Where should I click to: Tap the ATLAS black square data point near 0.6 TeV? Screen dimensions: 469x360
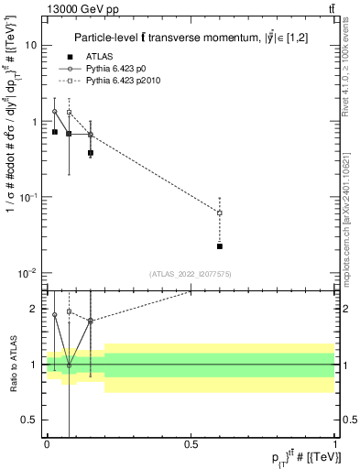[x=220, y=246]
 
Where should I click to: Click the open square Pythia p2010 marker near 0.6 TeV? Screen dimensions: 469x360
[x=220, y=213]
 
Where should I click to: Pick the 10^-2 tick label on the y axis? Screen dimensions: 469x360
[x=28, y=273]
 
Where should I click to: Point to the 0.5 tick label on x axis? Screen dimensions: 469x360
[x=191, y=443]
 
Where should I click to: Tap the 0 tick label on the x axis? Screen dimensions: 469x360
[x=47, y=443]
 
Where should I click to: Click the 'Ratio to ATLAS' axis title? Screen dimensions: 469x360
[x=13, y=364]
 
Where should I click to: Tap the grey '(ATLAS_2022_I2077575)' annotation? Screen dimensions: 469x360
[x=191, y=274]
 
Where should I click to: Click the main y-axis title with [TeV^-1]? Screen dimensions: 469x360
[x=13, y=147]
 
